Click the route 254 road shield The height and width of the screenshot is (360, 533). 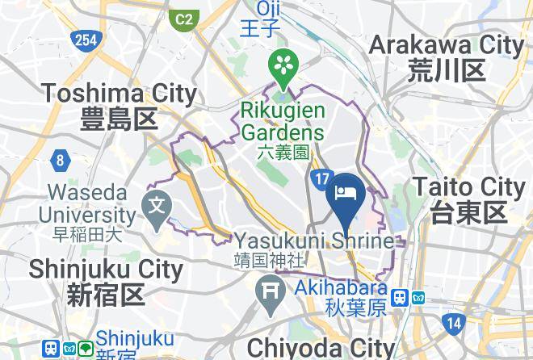[x=83, y=40]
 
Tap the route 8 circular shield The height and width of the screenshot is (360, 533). [x=60, y=161]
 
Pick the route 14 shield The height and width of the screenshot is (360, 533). [x=454, y=323]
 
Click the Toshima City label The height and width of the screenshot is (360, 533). [x=120, y=106]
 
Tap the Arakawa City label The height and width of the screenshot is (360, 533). [x=447, y=57]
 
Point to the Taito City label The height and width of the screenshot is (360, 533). [x=468, y=199]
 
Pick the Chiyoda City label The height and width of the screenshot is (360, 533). [x=321, y=348]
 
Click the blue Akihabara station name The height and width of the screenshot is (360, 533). [x=334, y=298]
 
